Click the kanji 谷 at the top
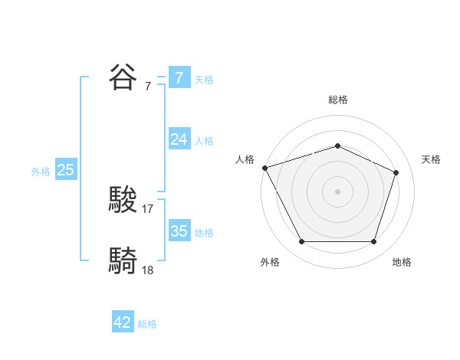click(x=123, y=77)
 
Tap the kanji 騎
click(x=123, y=260)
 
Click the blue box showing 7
click(x=179, y=78)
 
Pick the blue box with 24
click(x=179, y=139)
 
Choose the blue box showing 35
click(x=179, y=231)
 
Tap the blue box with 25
click(x=65, y=170)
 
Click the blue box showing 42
click(x=123, y=322)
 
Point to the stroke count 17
click(x=148, y=208)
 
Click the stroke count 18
click(x=148, y=270)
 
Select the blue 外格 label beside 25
click(x=41, y=172)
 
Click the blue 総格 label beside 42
click(x=147, y=324)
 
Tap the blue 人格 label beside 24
click(x=204, y=141)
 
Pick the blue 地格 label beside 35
click(x=204, y=233)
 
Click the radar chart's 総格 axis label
click(x=337, y=100)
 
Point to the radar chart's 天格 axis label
click(x=431, y=159)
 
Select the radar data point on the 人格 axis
click(x=264, y=168)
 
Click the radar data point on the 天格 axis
click(x=396, y=172)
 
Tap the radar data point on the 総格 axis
click(x=337, y=146)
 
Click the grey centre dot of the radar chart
click(x=337, y=191)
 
